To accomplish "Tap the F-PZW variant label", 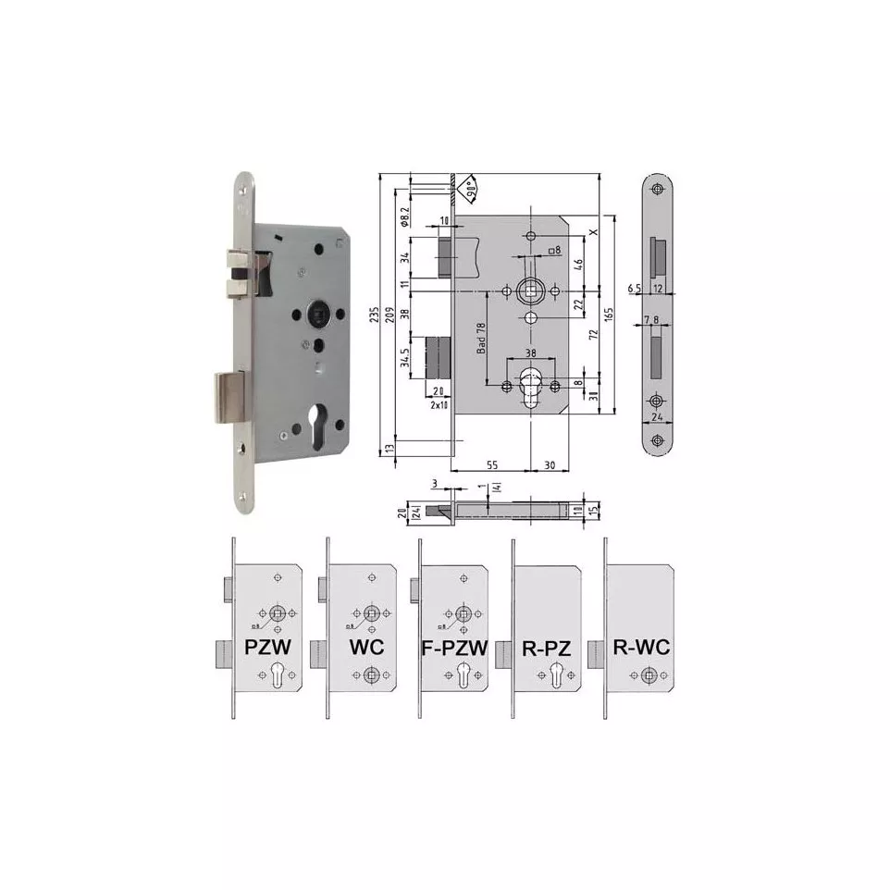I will click(x=455, y=647).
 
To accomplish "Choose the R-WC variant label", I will click(x=641, y=647).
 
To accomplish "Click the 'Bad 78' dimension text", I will click(x=481, y=338).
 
